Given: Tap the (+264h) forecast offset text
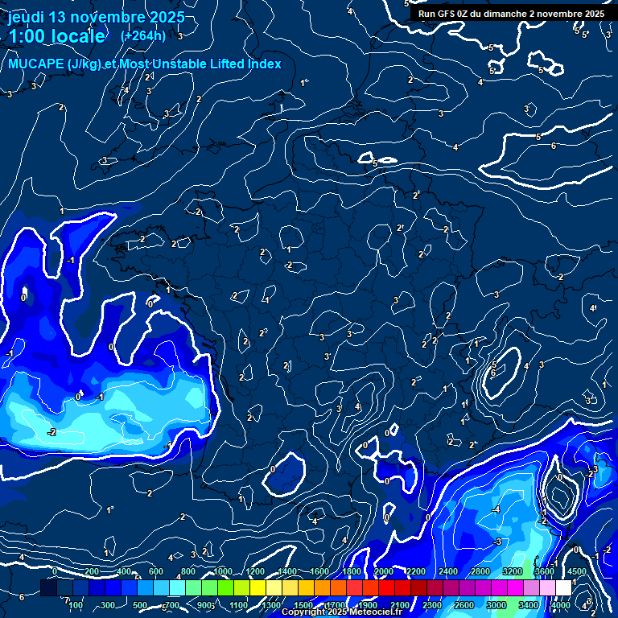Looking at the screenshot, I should tap(142, 35).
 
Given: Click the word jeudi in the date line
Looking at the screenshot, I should tap(26, 17).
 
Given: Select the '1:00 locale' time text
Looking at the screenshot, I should tap(56, 36).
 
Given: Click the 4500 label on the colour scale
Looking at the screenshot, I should tap(576, 571).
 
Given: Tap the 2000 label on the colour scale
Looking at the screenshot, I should tap(384, 571).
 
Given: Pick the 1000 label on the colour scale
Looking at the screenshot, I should tap(222, 571).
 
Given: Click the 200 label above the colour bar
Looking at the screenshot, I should tap(91, 571).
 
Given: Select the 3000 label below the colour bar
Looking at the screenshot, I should tap(496, 605).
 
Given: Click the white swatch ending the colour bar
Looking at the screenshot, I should tap(563, 588).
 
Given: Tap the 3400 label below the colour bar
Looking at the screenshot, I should tap(529, 605).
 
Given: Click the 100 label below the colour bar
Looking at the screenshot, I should tap(76, 605).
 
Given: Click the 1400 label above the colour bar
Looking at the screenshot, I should tap(287, 571).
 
